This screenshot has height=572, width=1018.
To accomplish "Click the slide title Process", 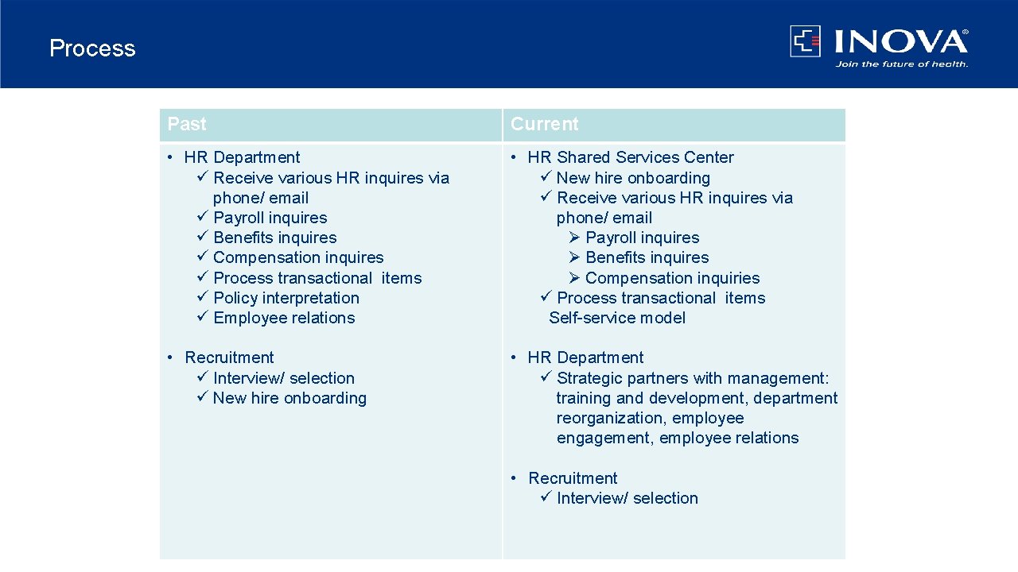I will point(92,48).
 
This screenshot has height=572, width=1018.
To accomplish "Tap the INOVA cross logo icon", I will point(805,41).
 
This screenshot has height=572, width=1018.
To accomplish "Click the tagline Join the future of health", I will point(901,64).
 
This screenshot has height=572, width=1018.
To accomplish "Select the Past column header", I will point(187,125).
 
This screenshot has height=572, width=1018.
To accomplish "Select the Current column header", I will point(544,125).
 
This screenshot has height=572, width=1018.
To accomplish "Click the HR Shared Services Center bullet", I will point(630,157).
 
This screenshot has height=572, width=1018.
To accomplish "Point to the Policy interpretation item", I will point(286,298).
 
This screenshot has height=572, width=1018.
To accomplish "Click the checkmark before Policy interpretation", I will point(202,298).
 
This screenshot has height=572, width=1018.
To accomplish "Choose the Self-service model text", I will point(617,318).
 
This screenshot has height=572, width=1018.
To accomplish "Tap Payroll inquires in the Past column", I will point(270,218).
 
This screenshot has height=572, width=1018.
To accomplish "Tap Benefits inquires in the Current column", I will point(647,257).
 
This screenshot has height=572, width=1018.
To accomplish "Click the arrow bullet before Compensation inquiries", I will point(575,278).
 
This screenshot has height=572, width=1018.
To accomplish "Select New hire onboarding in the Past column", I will point(289,398).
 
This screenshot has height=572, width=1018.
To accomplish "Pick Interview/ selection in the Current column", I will point(627,498).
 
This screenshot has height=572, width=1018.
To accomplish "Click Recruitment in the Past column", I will point(229,357).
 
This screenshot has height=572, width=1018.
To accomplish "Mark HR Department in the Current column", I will point(585,357).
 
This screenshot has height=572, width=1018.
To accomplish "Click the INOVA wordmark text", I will point(900,41).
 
